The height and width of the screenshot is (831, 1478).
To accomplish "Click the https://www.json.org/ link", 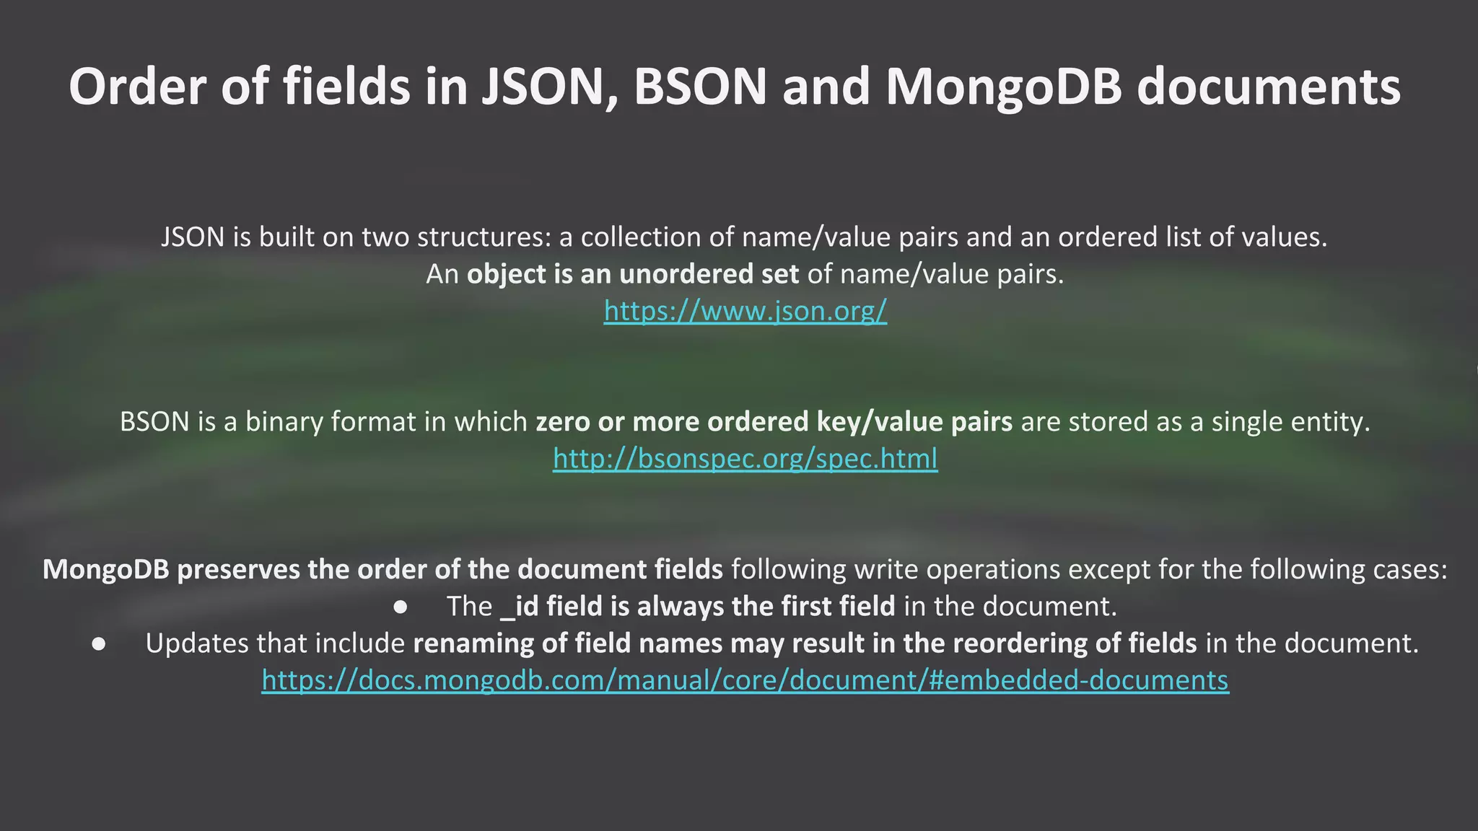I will pyautogui.click(x=745, y=311).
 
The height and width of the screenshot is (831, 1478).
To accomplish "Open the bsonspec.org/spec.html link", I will pyautogui.click(x=745, y=459).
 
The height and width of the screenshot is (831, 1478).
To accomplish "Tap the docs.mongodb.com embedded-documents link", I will pyautogui.click(x=745, y=680).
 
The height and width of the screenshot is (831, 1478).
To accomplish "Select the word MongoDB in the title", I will pyautogui.click(x=1004, y=87).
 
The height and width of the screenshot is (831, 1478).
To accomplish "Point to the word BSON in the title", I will pyautogui.click(x=700, y=87).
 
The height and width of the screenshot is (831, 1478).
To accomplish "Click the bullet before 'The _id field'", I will pyautogui.click(x=401, y=607).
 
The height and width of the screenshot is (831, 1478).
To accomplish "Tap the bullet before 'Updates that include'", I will pyautogui.click(x=100, y=643).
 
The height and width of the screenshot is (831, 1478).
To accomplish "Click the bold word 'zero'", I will pyautogui.click(x=562, y=422).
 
